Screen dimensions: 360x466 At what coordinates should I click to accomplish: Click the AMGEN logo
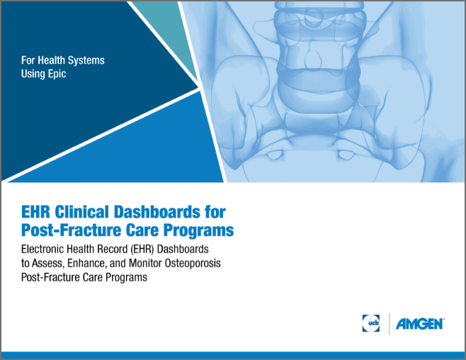[420, 324]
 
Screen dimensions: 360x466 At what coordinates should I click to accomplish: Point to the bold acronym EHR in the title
[36, 212]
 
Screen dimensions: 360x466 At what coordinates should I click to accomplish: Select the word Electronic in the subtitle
[45, 250]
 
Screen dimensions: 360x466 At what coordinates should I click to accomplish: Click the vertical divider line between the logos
[389, 324]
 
